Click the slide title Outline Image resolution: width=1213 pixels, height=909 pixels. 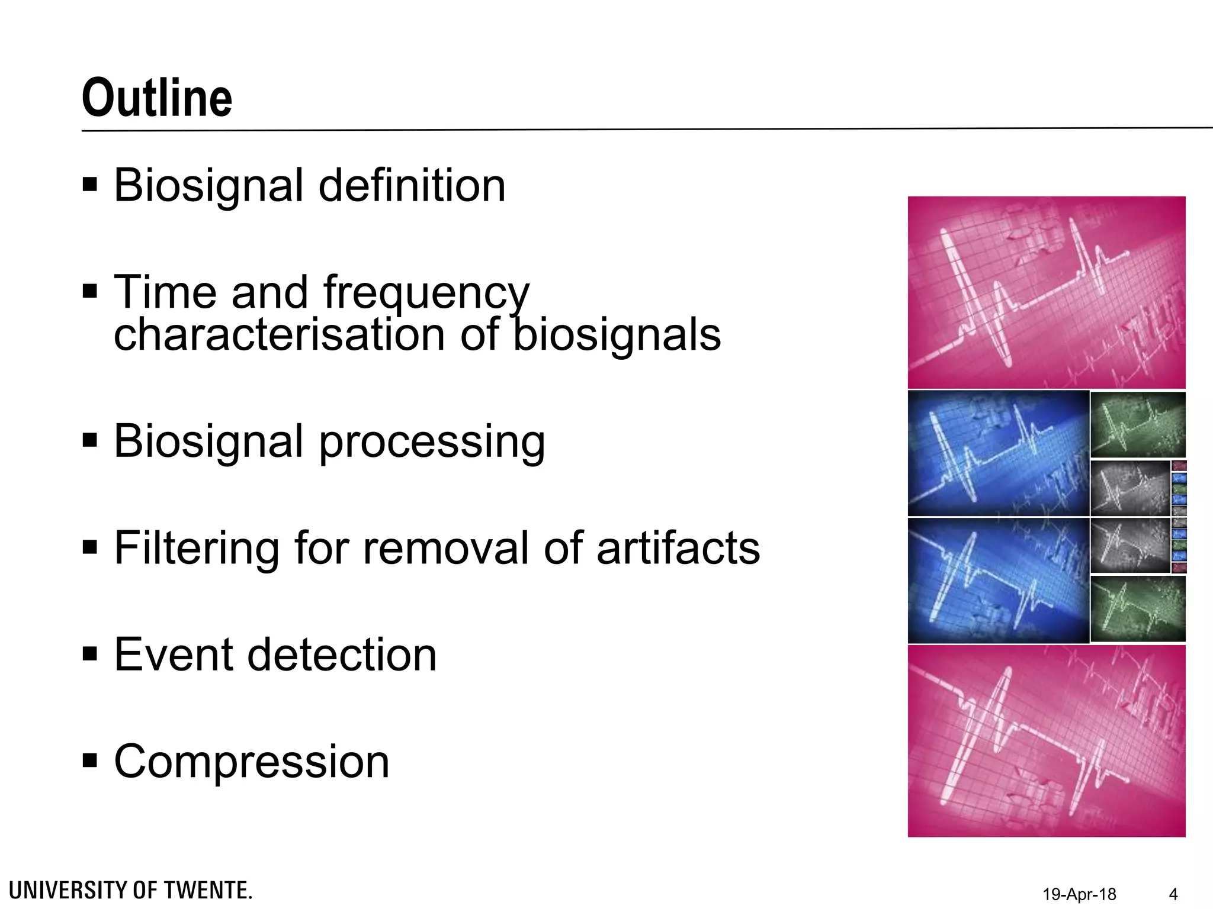click(157, 98)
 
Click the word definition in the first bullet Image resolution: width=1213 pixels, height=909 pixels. click(412, 186)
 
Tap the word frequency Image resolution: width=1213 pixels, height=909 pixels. click(426, 293)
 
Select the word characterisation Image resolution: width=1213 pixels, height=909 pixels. click(279, 335)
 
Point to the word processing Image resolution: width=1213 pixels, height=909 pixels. click(432, 442)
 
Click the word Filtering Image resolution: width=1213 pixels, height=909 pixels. click(197, 548)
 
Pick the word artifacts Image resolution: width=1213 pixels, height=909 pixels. click(678, 548)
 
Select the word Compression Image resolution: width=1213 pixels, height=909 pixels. click(252, 762)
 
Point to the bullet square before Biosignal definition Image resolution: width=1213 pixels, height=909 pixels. click(90, 184)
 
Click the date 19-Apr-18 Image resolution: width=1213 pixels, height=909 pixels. click(1079, 894)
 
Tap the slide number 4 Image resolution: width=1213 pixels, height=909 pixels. click(1173, 894)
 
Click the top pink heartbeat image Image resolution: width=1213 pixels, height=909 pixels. click(1047, 292)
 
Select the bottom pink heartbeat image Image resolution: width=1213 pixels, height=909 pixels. click(1047, 741)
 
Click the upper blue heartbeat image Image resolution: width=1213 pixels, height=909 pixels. click(998, 453)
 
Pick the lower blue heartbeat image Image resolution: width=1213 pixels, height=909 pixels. click(998, 581)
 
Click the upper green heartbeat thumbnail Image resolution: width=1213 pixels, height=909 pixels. click(1138, 424)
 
